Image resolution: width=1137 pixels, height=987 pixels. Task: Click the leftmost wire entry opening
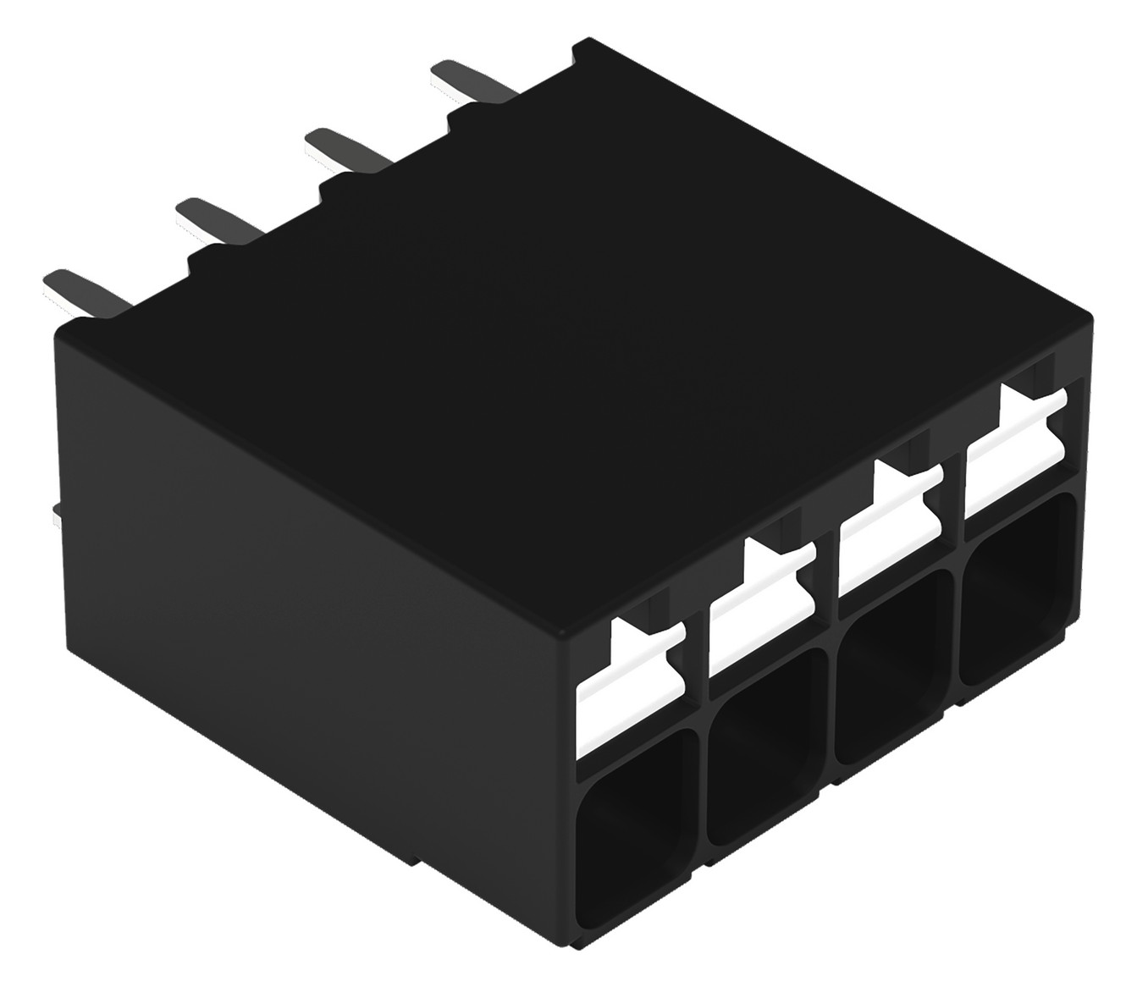click(630, 813)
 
